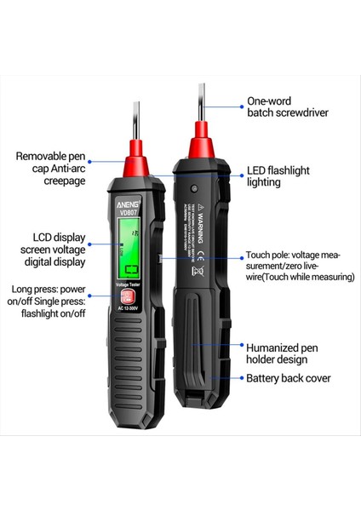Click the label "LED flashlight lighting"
tap(278, 176)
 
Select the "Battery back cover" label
tap(288, 378)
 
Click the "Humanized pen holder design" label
tap(284, 353)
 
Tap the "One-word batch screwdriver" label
tap(287, 106)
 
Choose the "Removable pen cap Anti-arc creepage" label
tap(52, 169)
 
